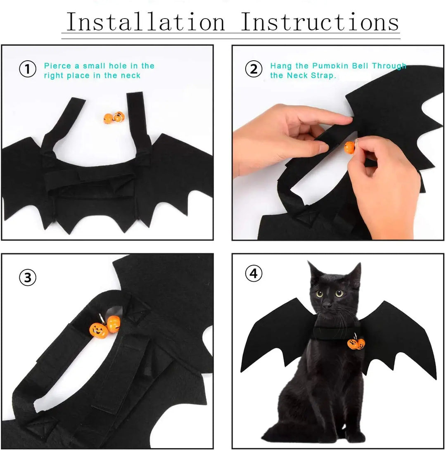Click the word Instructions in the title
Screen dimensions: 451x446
tap(320, 22)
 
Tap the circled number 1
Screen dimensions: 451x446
tap(28, 69)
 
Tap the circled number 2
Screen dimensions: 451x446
tap(254, 69)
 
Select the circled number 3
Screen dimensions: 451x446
tap(28, 278)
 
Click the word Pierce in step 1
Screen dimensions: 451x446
tap(57, 66)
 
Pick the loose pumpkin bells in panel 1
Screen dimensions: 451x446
tap(113, 118)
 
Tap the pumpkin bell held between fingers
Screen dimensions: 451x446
tap(349, 147)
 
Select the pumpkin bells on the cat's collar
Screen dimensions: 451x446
tap(356, 344)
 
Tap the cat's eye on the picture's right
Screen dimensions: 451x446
tap(339, 294)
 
